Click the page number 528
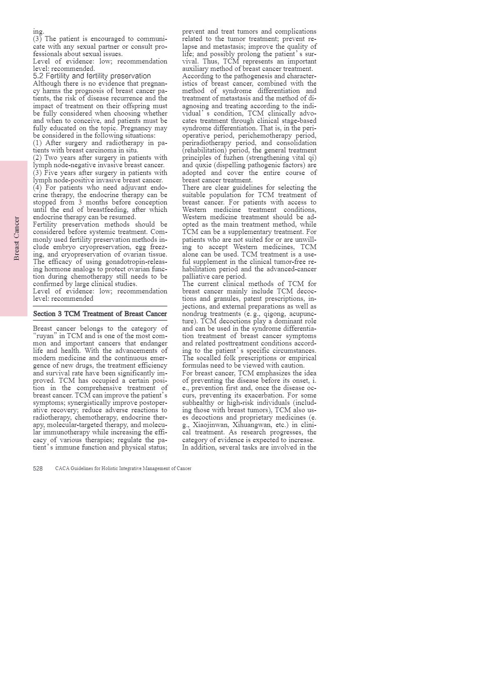tap(38, 468)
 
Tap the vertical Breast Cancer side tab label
tap(16, 238)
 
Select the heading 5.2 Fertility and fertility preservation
tap(92, 76)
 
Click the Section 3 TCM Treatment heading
tap(100, 314)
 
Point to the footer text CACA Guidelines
tap(123, 468)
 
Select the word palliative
tap(195, 277)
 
